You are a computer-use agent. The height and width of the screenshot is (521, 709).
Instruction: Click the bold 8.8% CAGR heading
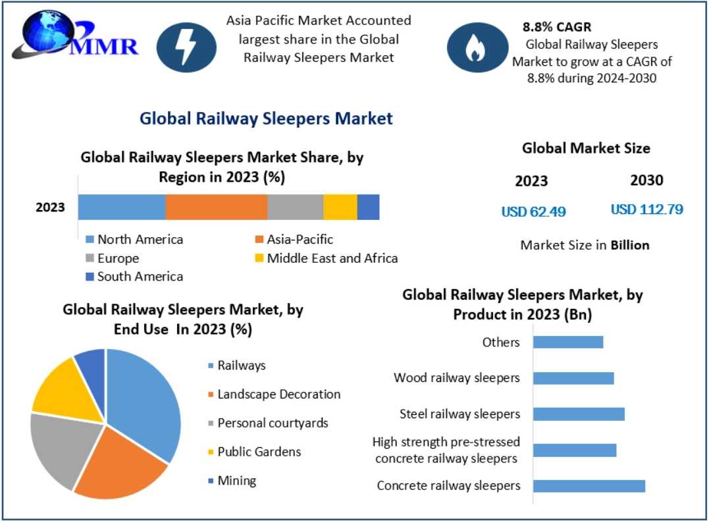click(556, 28)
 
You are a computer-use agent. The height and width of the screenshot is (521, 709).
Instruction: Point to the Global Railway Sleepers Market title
click(266, 119)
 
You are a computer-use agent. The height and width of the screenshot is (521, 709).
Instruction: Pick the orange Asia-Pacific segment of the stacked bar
click(216, 207)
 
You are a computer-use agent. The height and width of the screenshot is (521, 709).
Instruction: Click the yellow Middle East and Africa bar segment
click(340, 207)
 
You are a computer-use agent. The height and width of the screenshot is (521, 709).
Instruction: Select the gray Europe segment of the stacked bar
click(295, 207)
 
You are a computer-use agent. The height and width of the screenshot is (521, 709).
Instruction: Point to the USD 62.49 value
click(533, 211)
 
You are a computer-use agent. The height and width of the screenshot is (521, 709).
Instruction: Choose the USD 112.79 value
click(646, 210)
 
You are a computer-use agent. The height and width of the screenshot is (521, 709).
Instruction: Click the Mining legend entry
click(236, 481)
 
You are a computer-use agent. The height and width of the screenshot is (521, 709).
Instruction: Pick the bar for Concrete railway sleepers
click(589, 486)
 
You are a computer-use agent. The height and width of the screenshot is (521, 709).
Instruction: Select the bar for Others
click(567, 342)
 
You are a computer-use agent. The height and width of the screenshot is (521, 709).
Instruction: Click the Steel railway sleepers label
click(460, 414)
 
